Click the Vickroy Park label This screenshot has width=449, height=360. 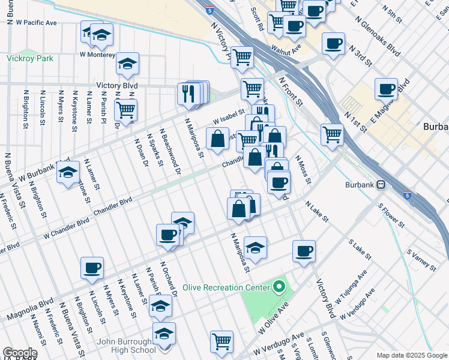coord(30,59)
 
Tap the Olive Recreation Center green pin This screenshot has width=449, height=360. coord(278,287)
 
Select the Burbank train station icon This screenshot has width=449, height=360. coord(380,185)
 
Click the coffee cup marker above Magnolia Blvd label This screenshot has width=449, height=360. coord(92,268)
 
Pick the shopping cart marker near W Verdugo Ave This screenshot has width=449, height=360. coord(221,341)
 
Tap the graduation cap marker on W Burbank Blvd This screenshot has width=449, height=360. coord(68,172)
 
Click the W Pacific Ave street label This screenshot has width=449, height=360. coord(36,23)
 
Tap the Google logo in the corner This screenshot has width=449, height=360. coord(20,353)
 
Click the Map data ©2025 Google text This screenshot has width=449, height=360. coord(412,355)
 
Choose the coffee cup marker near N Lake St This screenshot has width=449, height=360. coord(304,251)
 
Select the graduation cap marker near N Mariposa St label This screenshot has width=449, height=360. coord(255,247)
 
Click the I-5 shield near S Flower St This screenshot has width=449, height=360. coord(408,195)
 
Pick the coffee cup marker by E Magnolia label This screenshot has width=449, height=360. coord(386,89)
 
